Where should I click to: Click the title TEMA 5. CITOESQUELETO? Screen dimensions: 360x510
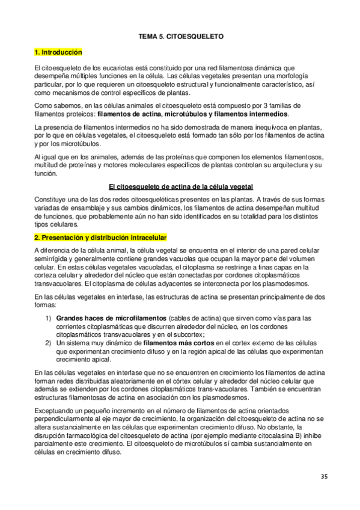(x=180, y=37)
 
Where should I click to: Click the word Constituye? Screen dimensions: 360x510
(x=52, y=198)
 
